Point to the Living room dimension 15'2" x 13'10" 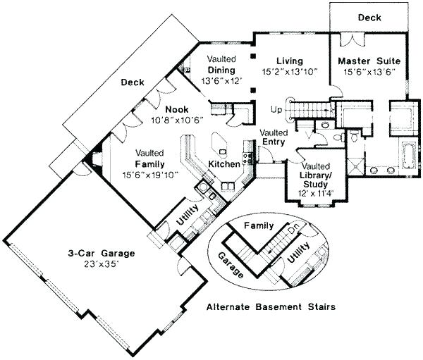(289, 71)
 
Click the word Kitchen (223, 164)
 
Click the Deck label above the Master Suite (369, 17)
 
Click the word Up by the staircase (278, 109)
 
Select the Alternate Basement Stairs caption (270, 308)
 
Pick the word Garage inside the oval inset (235, 263)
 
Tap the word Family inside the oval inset (257, 225)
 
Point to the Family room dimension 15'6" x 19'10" (150, 174)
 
